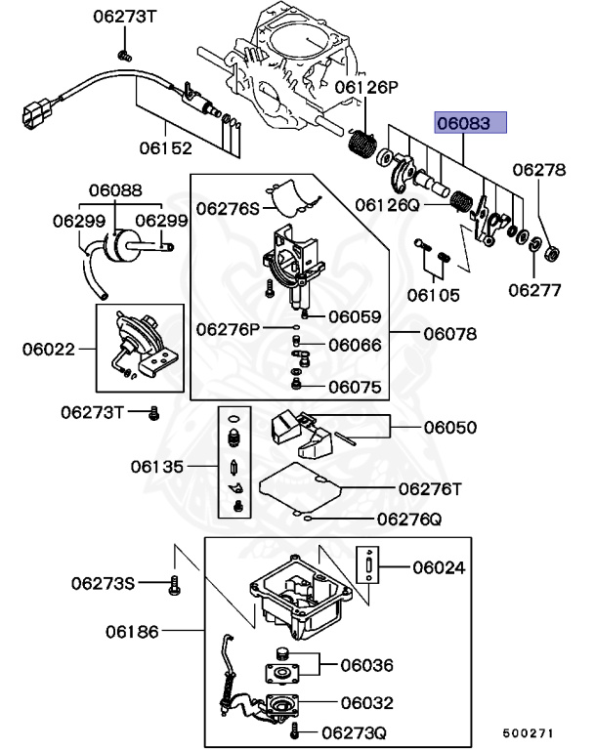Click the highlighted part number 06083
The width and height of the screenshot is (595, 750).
[471, 124]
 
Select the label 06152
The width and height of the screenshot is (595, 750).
[164, 148]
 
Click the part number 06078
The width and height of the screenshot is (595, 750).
[449, 334]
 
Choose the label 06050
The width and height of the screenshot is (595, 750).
[449, 427]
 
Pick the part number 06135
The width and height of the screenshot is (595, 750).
[157, 467]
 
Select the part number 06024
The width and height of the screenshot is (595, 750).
[439, 566]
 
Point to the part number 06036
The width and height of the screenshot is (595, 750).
[366, 665]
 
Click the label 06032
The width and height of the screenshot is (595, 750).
[366, 701]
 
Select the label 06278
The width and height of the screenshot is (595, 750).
[539, 170]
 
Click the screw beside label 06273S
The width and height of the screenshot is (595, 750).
[175, 584]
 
